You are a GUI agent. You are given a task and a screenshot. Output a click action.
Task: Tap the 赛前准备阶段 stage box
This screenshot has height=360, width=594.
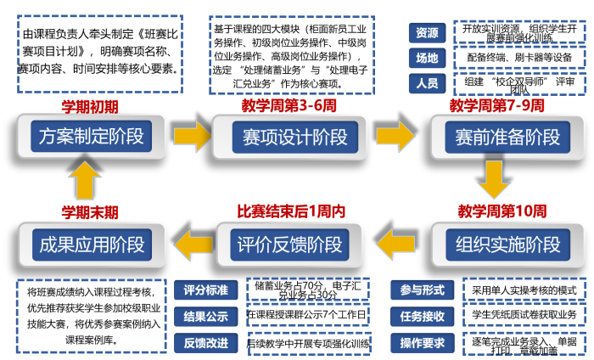507,137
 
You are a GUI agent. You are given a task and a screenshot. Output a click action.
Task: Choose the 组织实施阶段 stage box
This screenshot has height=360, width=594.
507,245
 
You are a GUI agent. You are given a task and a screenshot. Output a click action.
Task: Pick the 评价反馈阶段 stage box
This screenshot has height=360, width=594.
290,245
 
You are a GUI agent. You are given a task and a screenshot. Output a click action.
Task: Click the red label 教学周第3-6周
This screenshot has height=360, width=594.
289,105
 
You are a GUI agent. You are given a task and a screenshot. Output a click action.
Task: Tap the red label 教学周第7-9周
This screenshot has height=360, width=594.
496,105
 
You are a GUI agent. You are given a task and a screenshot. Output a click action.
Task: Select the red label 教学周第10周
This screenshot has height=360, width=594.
502,211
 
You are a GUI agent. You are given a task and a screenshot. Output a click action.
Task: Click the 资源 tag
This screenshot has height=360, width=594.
427,33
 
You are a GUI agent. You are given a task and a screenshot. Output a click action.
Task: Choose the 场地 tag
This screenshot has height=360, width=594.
427,59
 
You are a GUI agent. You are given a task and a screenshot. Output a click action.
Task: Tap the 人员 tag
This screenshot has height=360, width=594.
427,84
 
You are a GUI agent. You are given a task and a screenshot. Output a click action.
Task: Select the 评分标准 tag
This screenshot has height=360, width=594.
205,290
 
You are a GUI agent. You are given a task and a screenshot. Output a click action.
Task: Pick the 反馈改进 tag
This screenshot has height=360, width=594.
205,344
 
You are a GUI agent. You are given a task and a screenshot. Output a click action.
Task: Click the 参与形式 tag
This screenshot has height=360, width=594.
422,290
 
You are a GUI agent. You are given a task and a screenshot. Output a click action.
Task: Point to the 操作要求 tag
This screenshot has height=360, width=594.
422,344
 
